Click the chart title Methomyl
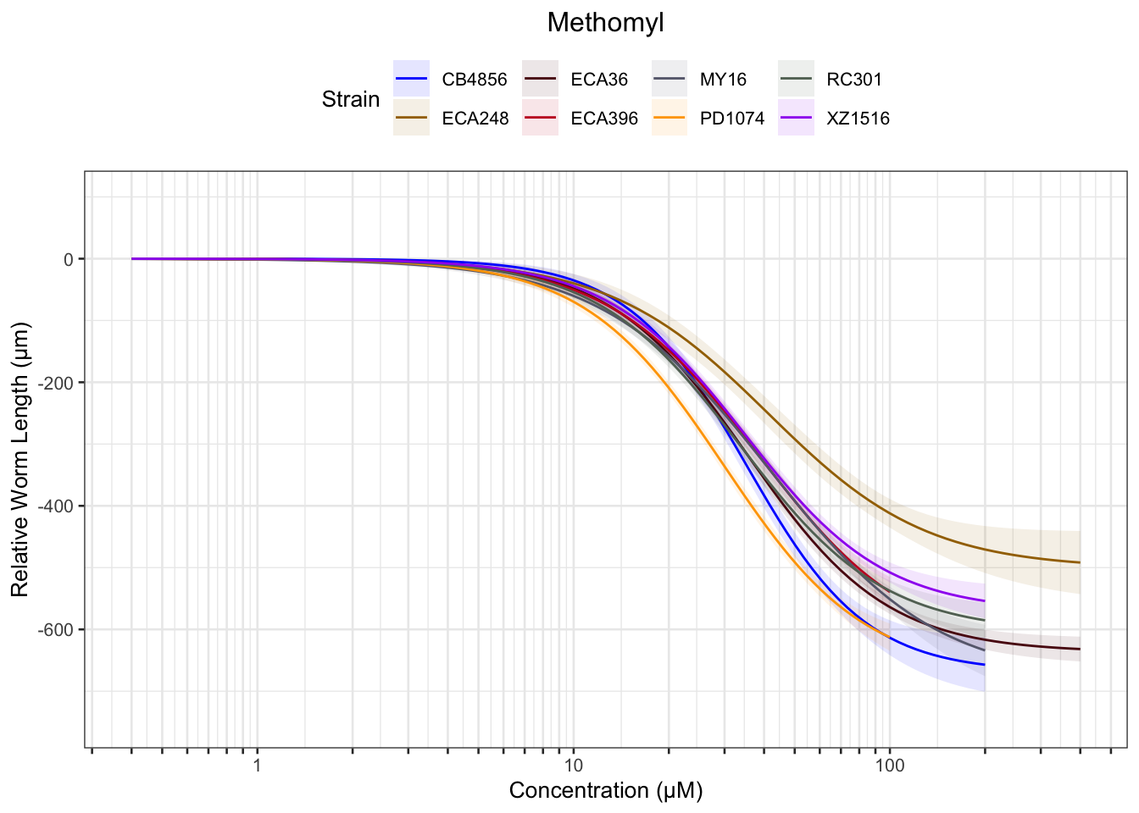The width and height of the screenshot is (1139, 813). pos(605,23)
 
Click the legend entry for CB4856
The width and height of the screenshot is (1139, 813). pos(474,80)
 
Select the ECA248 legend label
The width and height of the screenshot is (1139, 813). pos(475,119)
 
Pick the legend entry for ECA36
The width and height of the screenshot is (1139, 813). pos(599,80)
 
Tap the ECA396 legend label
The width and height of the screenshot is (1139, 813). pos(604,119)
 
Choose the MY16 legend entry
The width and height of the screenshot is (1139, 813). pos(723,80)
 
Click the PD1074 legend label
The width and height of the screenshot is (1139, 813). pos(731,119)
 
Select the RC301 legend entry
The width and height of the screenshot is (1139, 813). pos(854,80)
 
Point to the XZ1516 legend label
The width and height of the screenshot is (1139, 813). pos(858,119)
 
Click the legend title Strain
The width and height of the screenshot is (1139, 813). pos(351,99)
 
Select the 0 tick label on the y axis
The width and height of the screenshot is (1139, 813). pos(69,259)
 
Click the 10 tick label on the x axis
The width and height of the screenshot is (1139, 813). pos(573,766)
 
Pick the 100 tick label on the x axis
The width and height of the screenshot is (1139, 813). pos(889,766)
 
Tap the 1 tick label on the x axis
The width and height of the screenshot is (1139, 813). pos(257,766)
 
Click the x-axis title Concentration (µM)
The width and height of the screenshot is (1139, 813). pos(605,791)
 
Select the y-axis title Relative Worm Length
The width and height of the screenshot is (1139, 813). pos(20,458)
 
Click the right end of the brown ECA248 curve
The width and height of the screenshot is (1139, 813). pos(1079,562)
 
